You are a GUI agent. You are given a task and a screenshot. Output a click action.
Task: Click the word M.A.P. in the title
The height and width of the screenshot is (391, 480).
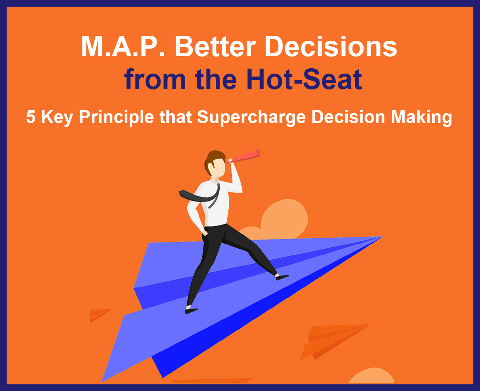(x=123, y=46)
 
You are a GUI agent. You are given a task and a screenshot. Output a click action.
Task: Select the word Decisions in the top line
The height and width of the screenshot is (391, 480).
(x=331, y=46)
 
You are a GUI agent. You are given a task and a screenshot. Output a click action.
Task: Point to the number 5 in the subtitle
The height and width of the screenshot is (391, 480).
(x=31, y=117)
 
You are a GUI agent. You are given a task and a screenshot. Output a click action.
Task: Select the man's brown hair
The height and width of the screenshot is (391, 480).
(x=214, y=161)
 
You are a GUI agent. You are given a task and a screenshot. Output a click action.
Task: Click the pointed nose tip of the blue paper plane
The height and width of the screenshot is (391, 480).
(x=382, y=237)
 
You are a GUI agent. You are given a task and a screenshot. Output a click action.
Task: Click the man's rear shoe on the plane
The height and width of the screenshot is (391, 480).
(x=191, y=311)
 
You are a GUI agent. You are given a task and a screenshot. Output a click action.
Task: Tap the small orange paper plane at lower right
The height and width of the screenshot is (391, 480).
(x=334, y=342)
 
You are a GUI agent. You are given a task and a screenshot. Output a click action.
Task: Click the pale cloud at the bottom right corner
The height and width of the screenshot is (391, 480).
(x=371, y=376)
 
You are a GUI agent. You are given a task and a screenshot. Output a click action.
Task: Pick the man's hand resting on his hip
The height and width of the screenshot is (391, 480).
(x=205, y=233)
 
